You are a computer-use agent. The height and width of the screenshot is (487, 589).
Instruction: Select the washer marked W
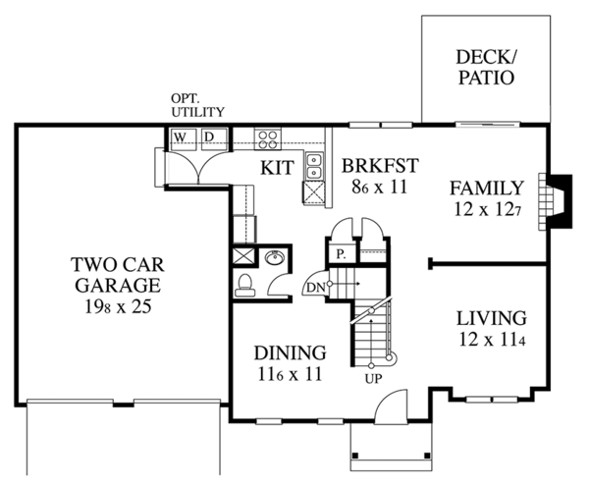coord(181,135)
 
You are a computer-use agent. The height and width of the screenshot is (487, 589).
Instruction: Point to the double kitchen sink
coord(315,167)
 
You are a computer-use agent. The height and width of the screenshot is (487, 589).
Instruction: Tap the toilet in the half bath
coord(246,284)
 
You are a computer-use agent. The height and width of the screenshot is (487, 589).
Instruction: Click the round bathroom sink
coord(276,259)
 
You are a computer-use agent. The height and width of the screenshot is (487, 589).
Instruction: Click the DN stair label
coord(314,286)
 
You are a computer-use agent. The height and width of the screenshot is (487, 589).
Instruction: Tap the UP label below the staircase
coord(372,377)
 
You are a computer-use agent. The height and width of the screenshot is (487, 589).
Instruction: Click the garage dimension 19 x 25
coord(115,305)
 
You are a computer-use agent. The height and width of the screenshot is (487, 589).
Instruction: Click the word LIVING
coord(491,319)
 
